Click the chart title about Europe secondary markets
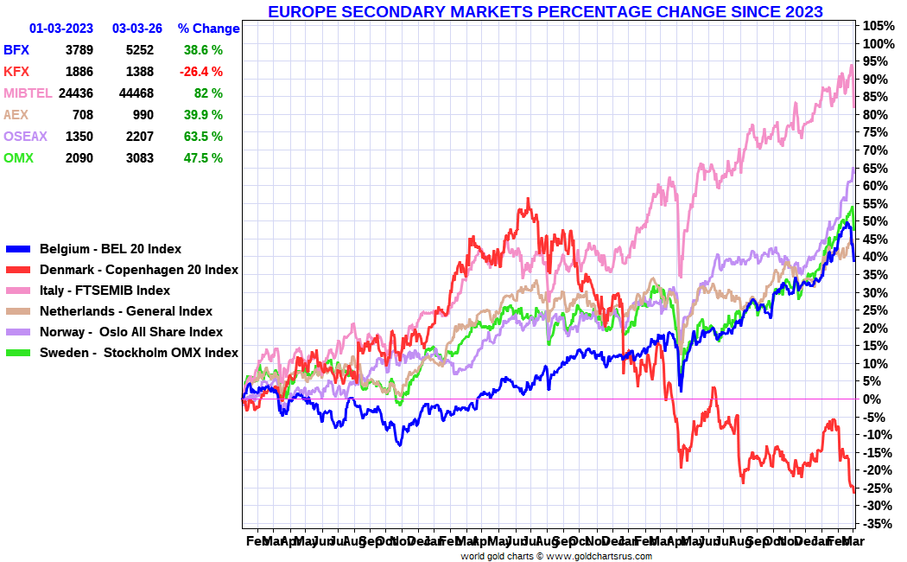coord(545,11)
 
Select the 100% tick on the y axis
coord(878,44)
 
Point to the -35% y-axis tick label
coord(878,524)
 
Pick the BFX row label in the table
coord(16,50)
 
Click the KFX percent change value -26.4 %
coord(200,72)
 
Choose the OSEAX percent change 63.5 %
coord(203,137)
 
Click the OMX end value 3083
coord(139,158)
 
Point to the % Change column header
coord(208,29)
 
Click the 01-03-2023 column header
coord(61,29)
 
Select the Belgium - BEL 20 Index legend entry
coord(111,249)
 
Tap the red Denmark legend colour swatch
coord(17,270)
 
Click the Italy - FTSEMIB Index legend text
coord(105,291)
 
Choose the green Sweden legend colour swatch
coord(17,353)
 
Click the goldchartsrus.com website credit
coord(555,556)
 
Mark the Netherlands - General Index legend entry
coord(126,311)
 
